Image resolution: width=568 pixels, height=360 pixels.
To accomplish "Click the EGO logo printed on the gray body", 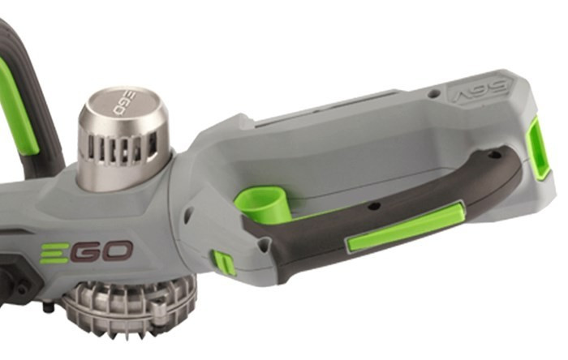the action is [x=86, y=251].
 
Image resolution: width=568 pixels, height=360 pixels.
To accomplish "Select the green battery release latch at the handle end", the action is [x=538, y=149].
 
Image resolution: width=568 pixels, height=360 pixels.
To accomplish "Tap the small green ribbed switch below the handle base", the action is [x=224, y=263].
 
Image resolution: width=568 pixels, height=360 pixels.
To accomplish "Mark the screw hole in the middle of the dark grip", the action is [x=374, y=207].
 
